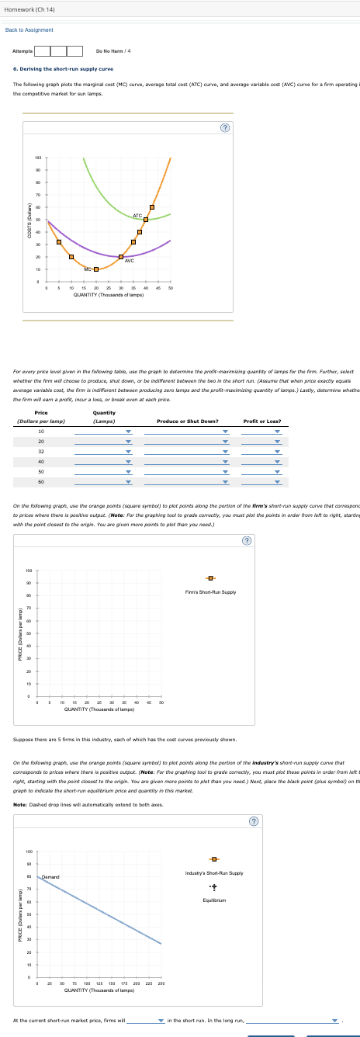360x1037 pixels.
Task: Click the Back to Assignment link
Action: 29,29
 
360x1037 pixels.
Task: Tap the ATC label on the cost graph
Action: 137,215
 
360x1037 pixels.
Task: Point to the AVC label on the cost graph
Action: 130,261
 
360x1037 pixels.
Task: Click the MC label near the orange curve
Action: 88,269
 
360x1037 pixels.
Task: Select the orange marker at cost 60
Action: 152,206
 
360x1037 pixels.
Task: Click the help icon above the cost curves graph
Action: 224,127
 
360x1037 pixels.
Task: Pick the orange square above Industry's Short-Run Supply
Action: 213,858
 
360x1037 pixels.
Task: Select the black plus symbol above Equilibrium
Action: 213,885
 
